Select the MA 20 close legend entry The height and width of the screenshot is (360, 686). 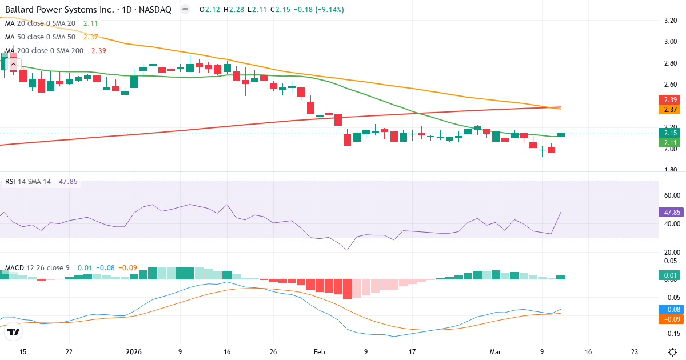[x=41, y=23]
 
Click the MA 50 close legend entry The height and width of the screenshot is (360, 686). [x=41, y=37]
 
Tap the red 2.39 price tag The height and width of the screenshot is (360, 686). [x=668, y=99]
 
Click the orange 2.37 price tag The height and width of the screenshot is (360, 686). [x=668, y=109]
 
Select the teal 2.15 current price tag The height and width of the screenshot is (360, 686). [x=668, y=133]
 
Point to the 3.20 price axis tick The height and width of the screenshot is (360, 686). [x=670, y=20]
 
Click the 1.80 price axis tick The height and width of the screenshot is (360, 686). [x=670, y=170]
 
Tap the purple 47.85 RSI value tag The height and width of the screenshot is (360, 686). [x=669, y=212]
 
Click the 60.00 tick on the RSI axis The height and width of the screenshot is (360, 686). [x=670, y=195]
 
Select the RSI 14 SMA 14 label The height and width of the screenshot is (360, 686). [x=29, y=182]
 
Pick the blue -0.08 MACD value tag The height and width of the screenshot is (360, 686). [x=669, y=309]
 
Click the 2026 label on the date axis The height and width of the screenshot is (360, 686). [x=133, y=351]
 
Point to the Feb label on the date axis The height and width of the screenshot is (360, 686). [x=319, y=351]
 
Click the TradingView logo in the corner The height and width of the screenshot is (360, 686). [x=14, y=331]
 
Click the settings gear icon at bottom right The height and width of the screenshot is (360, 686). [x=672, y=351]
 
